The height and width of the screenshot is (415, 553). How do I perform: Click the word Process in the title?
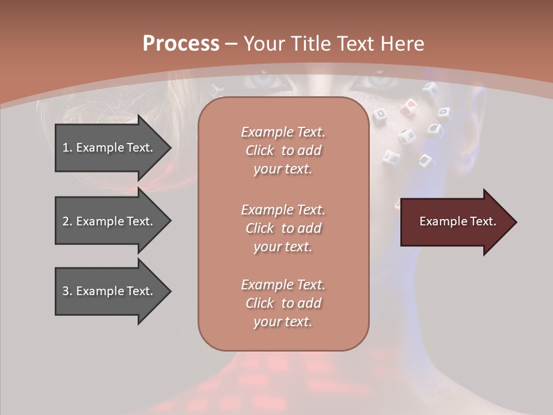[181, 44]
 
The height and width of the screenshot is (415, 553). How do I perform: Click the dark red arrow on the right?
[455, 222]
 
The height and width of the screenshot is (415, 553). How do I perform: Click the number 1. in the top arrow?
[67, 148]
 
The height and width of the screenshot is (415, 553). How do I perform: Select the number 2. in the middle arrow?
[67, 221]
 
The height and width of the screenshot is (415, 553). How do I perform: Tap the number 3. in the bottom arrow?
[67, 291]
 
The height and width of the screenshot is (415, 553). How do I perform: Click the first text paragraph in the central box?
[283, 150]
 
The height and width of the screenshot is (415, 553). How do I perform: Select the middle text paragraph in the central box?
[283, 228]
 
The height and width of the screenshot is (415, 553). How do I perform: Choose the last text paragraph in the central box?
[283, 303]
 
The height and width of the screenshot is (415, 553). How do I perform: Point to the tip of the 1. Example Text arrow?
[170, 148]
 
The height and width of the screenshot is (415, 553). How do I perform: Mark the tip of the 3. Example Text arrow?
[170, 291]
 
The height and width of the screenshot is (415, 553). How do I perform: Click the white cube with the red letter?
[411, 105]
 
